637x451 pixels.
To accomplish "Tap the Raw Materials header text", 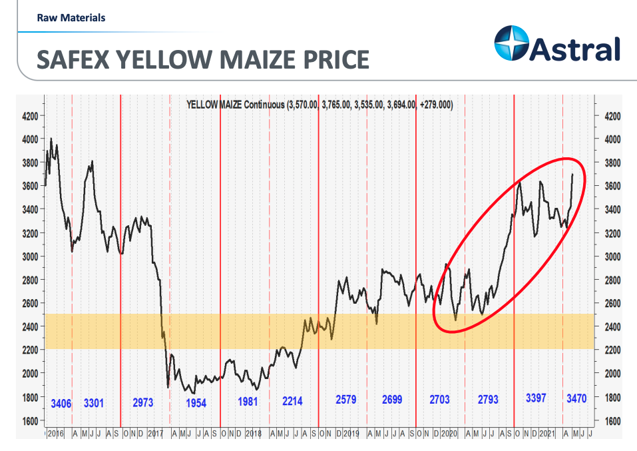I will point(71,18).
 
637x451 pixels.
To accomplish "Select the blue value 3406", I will point(62,402).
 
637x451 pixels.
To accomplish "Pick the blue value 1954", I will point(196,403).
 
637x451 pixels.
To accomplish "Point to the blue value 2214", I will point(292,401).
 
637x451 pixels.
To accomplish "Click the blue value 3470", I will point(576,399).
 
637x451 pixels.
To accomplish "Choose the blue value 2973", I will point(143,402).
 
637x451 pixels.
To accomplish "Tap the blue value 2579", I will point(346,400).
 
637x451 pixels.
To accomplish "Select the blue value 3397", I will point(536,398).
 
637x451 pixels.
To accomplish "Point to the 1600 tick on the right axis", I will point(612,421).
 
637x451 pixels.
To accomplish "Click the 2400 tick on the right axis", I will point(612,327).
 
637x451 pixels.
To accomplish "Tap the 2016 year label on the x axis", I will point(55,433).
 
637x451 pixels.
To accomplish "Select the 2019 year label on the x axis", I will point(352,433).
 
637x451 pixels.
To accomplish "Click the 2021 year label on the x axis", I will point(548,433).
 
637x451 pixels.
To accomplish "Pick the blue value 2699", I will point(392,400).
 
